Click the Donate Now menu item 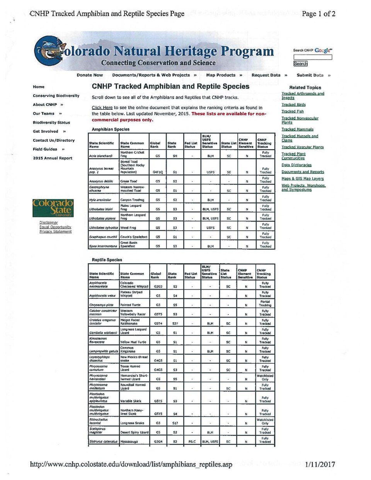(x=90, y=75)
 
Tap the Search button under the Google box (x=300, y=64)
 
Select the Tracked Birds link (x=293, y=104)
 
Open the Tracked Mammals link (x=297, y=129)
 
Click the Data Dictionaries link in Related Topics (x=296, y=165)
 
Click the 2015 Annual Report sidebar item (x=53, y=158)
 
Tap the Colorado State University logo (x=53, y=208)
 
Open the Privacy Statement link (x=55, y=231)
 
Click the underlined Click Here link (x=102, y=107)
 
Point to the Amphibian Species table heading (x=111, y=129)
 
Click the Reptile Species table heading (x=107, y=260)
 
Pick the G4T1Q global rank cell (x=158, y=172)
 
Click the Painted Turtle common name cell (x=130, y=305)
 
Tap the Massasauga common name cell (x=129, y=441)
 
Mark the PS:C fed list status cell (x=192, y=441)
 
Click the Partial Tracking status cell (x=265, y=303)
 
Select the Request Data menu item (x=266, y=75)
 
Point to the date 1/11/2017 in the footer (x=320, y=464)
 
